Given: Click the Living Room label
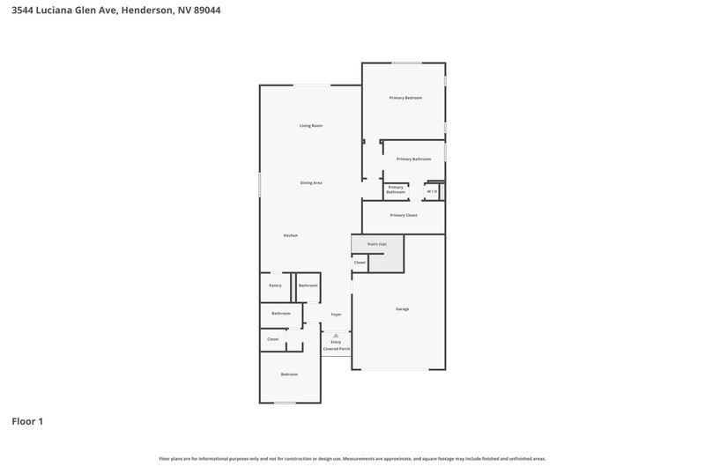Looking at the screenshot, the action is (311, 126).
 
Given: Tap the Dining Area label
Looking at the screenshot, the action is (311, 183).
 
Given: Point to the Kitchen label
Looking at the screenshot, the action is (291, 235).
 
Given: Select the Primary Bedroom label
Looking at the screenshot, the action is (405, 98).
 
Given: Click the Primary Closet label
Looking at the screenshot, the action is (404, 215).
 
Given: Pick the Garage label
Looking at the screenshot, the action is (403, 309).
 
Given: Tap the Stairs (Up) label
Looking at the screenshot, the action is (377, 244).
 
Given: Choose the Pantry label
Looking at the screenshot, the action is (275, 285).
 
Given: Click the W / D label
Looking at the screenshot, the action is (432, 191).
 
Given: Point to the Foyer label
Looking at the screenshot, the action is (337, 315).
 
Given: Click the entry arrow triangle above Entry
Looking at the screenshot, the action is (336, 336).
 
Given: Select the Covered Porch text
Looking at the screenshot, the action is (337, 349).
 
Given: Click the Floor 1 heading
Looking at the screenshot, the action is (27, 421).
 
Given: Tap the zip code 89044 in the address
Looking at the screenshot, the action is (207, 10).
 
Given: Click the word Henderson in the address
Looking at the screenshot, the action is (146, 10).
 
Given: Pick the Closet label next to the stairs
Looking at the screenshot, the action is (360, 263).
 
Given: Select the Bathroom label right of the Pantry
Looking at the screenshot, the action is (308, 285).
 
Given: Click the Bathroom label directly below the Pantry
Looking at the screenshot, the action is (281, 314).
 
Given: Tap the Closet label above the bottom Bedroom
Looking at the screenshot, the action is (273, 339).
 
